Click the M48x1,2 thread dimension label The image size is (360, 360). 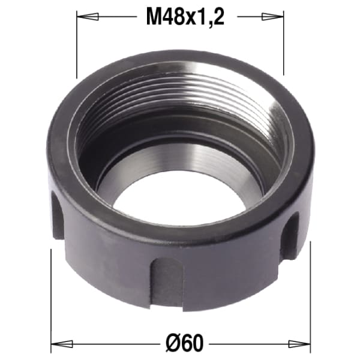[185, 17]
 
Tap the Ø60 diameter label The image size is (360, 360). [185, 344]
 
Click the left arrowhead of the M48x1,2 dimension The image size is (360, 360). [88, 17]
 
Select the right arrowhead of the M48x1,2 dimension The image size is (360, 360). [273, 17]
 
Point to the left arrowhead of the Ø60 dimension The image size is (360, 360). [62, 344]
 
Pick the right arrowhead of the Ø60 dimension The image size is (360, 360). [299, 344]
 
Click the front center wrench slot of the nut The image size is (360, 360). [167, 284]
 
